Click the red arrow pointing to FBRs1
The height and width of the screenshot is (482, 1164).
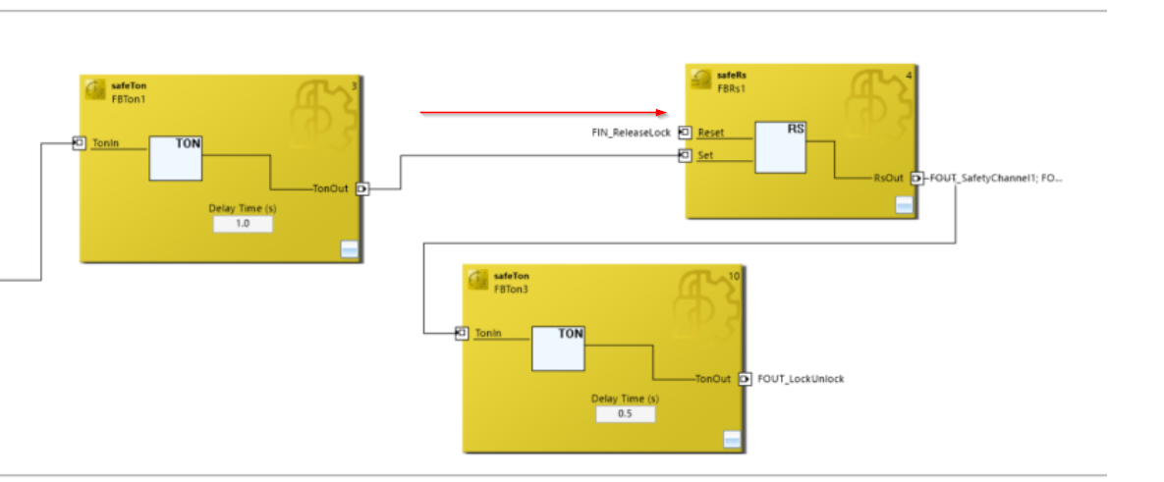(x=544, y=113)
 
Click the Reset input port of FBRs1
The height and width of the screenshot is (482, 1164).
(x=686, y=133)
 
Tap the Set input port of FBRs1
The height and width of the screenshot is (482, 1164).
(x=686, y=156)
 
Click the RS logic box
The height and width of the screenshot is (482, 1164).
(x=780, y=147)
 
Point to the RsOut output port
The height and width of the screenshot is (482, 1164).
(x=917, y=178)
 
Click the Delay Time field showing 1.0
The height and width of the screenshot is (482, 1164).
(x=243, y=223)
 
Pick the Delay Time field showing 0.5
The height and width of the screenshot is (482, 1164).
(x=625, y=414)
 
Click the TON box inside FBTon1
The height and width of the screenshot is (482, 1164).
(x=175, y=158)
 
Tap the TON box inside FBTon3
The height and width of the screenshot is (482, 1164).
(x=558, y=348)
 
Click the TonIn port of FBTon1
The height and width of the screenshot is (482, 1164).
(x=80, y=143)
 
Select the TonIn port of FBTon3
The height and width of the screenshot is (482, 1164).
(x=462, y=334)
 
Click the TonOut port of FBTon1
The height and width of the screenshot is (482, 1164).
(x=361, y=189)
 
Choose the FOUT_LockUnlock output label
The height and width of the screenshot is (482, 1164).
(x=801, y=379)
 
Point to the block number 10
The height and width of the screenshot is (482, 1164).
(x=734, y=276)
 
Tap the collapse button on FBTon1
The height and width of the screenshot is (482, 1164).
(x=349, y=249)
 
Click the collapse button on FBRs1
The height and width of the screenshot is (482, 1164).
(x=904, y=204)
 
